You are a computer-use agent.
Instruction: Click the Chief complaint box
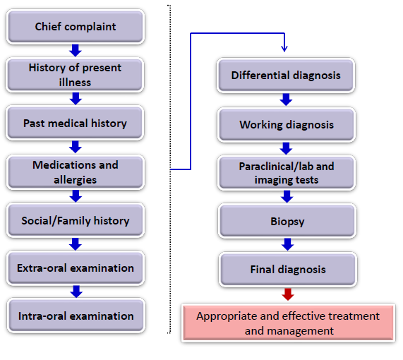pyautogui.click(x=76, y=27)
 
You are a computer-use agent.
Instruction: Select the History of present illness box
pyautogui.click(x=76, y=75)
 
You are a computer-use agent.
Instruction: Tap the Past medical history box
pyautogui.click(x=76, y=123)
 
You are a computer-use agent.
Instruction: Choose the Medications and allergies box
pyautogui.click(x=76, y=172)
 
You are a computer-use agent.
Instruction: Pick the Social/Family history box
pyautogui.click(x=76, y=220)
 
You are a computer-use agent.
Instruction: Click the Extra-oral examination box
pyautogui.click(x=76, y=268)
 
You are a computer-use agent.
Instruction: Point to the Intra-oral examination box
pyautogui.click(x=76, y=316)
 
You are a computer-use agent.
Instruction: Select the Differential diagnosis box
pyautogui.click(x=286, y=75)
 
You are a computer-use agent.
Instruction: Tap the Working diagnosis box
pyautogui.click(x=286, y=124)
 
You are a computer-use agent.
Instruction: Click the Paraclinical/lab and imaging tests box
pyautogui.click(x=286, y=173)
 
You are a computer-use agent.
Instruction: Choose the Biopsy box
pyautogui.click(x=286, y=221)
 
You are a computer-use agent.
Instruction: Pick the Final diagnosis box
pyautogui.click(x=286, y=269)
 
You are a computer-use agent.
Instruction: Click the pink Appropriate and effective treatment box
pyautogui.click(x=288, y=323)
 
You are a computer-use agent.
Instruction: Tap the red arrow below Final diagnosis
pyautogui.click(x=287, y=294)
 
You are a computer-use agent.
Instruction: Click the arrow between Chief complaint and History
pyautogui.click(x=76, y=50)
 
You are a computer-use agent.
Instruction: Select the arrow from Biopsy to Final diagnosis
pyautogui.click(x=287, y=244)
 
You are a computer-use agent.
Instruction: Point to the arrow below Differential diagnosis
pyautogui.click(x=286, y=99)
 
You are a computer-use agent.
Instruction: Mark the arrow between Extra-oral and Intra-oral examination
pyautogui.click(x=76, y=291)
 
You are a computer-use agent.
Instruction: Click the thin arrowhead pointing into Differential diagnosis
pyautogui.click(x=284, y=47)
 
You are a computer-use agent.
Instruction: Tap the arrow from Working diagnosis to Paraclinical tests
pyautogui.click(x=286, y=148)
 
